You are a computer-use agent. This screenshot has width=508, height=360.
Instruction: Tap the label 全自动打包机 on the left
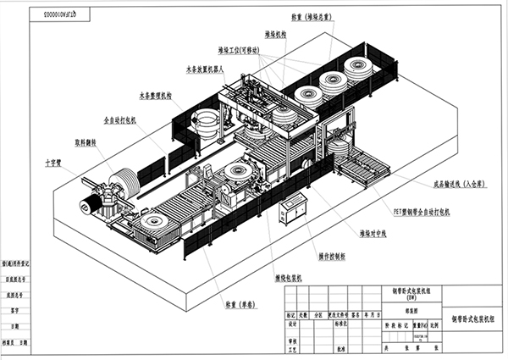tap(119, 120)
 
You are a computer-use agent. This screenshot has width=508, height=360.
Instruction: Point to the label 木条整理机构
tap(154, 96)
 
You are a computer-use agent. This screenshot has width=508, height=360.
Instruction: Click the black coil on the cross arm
tap(88, 204)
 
